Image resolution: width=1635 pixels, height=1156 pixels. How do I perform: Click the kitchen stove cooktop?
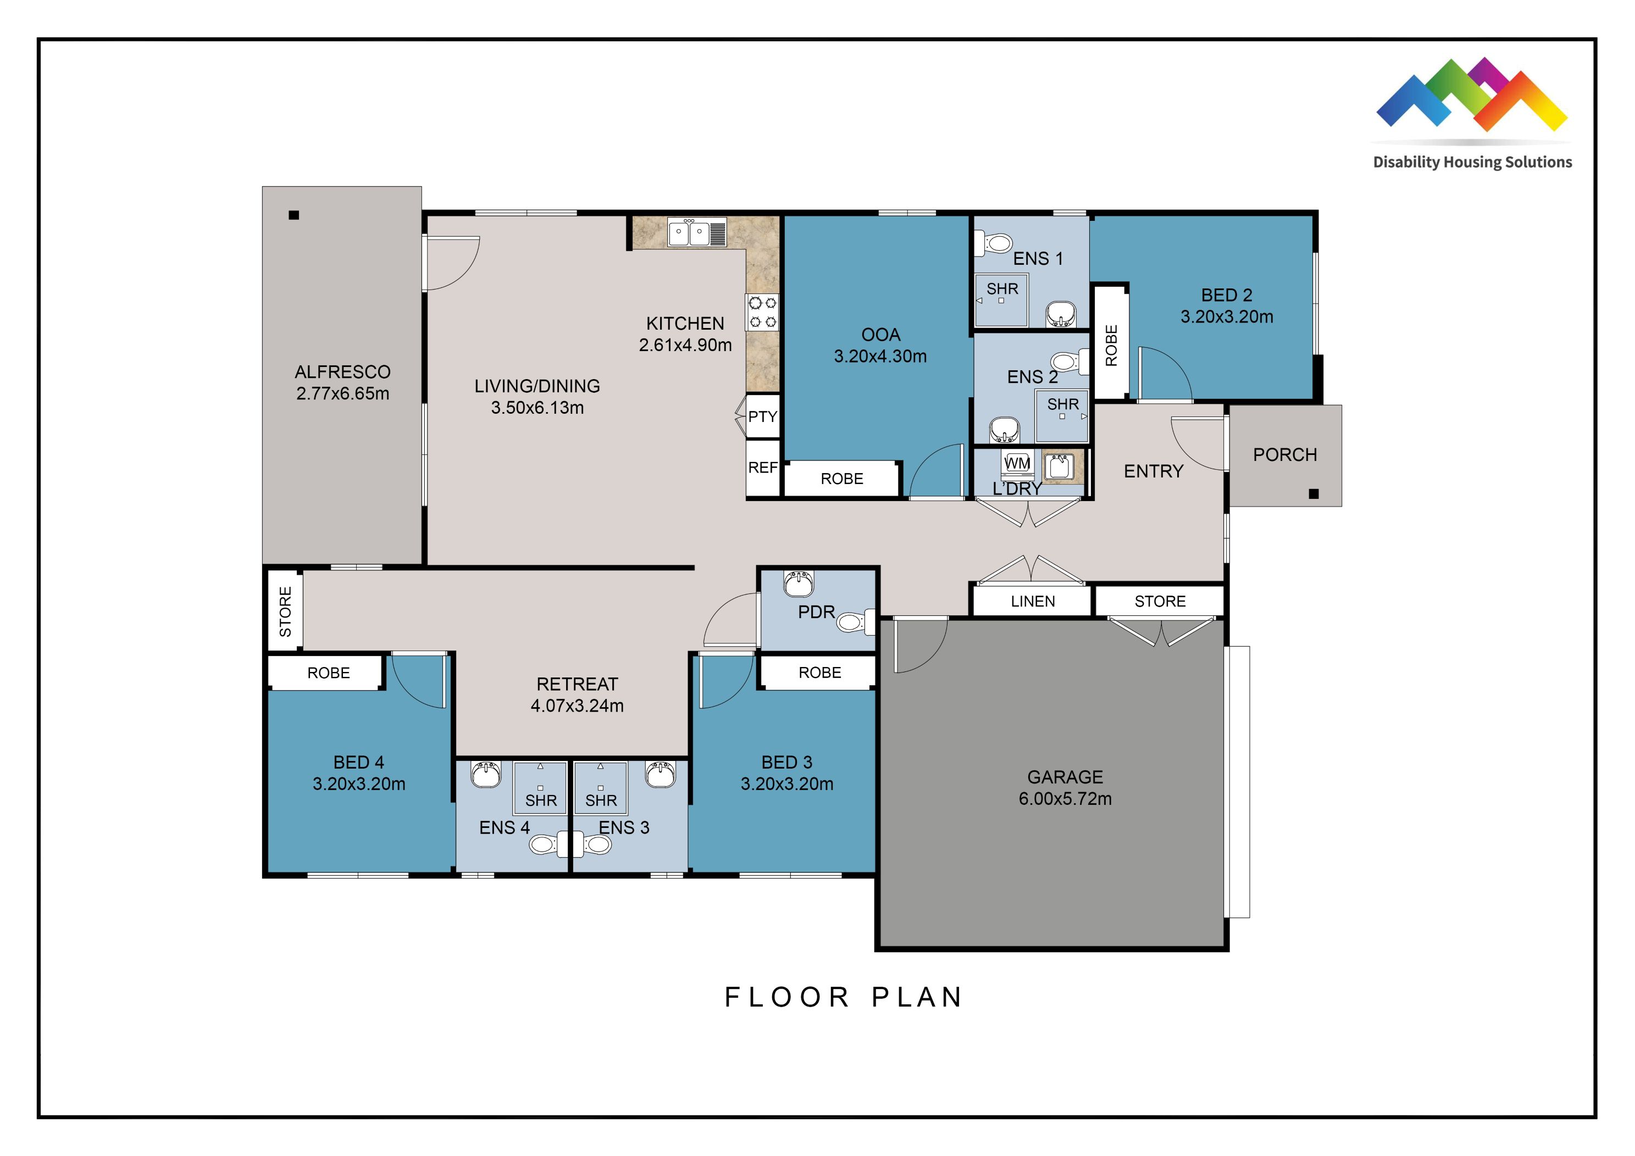(762, 313)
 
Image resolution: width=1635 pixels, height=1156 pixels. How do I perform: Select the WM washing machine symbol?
(1017, 463)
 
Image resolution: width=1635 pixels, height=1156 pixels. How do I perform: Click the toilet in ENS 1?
(994, 242)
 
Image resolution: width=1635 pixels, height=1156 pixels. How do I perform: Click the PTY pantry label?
(763, 417)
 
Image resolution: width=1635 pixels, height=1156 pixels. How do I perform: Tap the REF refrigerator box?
(763, 468)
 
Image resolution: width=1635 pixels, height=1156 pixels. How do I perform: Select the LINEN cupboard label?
(1033, 602)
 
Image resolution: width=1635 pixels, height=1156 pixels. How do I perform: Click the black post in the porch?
(1314, 494)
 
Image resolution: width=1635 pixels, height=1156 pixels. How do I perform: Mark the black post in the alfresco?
(293, 215)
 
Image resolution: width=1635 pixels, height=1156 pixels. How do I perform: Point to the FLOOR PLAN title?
(844, 997)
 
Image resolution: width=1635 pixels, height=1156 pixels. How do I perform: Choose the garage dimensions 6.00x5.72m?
(1065, 799)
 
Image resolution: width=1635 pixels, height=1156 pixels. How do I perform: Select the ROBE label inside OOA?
(842, 479)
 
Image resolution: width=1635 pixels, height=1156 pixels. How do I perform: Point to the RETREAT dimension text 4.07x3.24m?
(577, 706)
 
